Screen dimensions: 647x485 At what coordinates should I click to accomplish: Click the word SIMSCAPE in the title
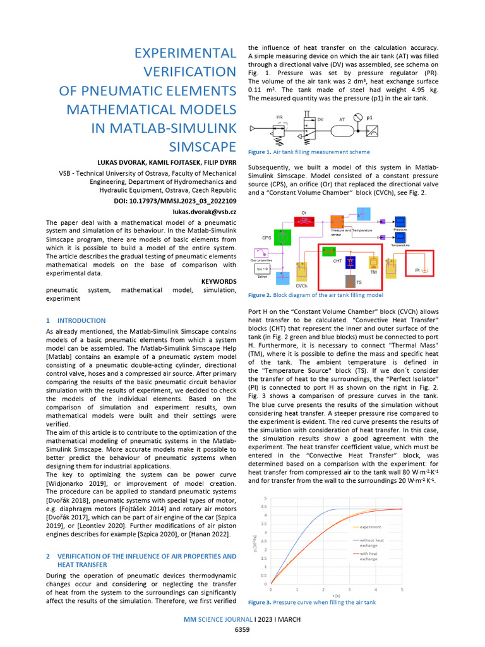coord(203,147)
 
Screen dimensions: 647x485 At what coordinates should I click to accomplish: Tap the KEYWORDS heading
coord(219,281)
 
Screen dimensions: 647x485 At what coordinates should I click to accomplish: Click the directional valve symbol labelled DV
coord(309,126)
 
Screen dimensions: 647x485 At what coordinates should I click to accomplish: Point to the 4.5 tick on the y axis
coord(265,506)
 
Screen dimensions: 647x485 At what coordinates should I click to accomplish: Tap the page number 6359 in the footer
coord(242,631)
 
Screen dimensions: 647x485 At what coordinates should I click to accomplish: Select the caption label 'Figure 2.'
coord(260,295)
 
